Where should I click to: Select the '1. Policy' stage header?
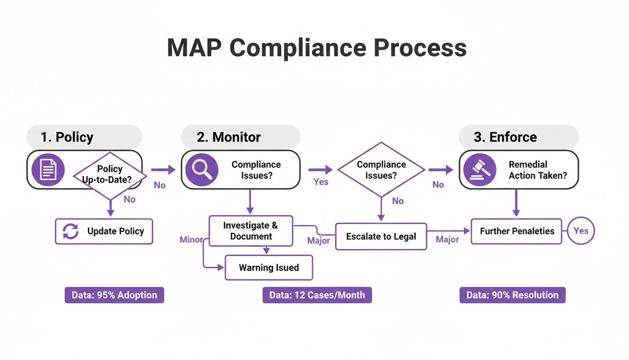tap(67, 137)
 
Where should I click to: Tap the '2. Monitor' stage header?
tap(229, 137)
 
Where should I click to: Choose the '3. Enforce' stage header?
tap(505, 137)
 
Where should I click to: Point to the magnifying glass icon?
tap(202, 170)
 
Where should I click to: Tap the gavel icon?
tap(480, 170)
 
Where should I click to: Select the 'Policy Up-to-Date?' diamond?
tap(110, 174)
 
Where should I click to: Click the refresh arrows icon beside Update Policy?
tap(71, 231)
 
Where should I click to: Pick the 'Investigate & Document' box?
tap(250, 231)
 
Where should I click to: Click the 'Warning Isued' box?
tap(269, 268)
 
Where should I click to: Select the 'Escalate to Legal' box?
tap(381, 236)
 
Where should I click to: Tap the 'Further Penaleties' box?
tap(516, 231)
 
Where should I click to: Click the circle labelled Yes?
tap(581, 231)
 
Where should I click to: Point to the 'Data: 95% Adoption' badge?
tap(114, 295)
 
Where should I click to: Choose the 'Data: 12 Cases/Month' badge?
tap(317, 295)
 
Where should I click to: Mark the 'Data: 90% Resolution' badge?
tap(512, 295)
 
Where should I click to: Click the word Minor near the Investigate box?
tap(191, 240)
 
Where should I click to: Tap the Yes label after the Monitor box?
tap(321, 181)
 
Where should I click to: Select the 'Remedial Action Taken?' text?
tap(538, 170)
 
